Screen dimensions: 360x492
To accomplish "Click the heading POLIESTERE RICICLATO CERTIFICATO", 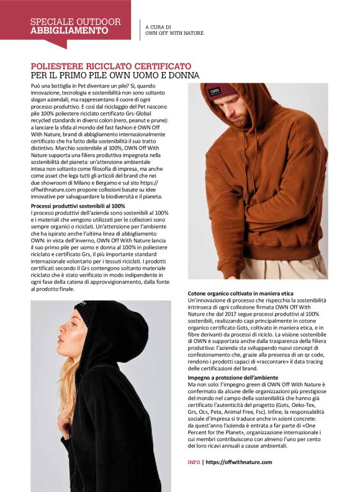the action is [111, 66].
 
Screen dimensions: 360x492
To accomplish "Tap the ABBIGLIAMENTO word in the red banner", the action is [69, 30].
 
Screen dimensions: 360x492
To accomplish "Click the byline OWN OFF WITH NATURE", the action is [174, 34].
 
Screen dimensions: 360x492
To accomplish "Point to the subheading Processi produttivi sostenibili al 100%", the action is [78, 206].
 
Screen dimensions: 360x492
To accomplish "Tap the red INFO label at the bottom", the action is [194, 462].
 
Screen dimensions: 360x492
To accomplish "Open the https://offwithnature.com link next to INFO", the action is [238, 462].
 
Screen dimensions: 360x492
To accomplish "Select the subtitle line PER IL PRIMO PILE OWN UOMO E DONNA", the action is [115, 76].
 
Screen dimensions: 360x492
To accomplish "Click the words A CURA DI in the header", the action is [158, 27].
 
